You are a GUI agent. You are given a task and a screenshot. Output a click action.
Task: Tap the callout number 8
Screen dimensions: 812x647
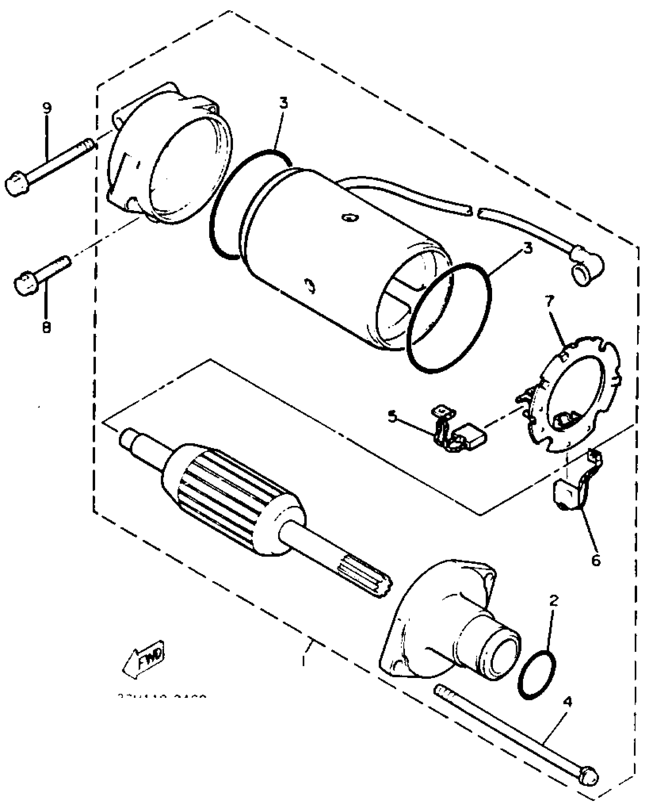click(46, 326)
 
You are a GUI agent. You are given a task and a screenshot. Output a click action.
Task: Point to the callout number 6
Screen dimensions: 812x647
click(596, 559)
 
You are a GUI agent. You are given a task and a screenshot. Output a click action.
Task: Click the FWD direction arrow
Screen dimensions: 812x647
click(144, 660)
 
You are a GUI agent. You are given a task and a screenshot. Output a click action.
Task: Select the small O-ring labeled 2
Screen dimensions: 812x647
click(537, 676)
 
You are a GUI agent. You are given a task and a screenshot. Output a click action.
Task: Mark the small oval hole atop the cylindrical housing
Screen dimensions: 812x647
click(349, 218)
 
